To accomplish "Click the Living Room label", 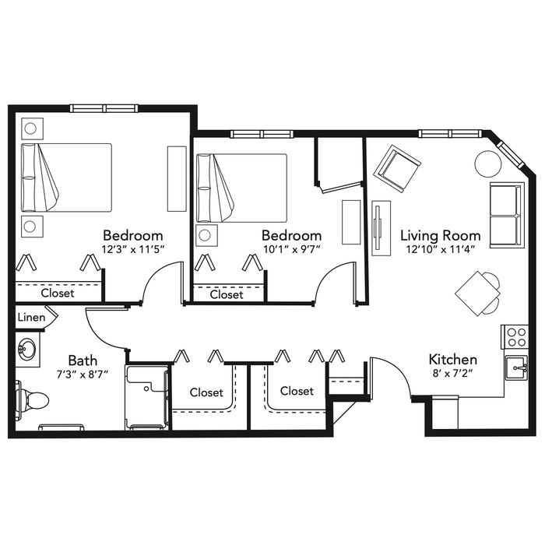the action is coord(441,236).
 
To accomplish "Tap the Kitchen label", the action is coord(452,360).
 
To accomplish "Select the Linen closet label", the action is coord(31,318).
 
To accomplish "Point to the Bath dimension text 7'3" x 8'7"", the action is coord(83,374).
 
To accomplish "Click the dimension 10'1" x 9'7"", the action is coord(291,249).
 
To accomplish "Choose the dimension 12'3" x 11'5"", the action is coord(133,249).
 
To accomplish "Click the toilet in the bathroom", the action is coord(32,400).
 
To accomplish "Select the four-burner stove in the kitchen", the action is coord(515,337).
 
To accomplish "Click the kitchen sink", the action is coord(516,367).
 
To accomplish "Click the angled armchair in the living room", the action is coord(397,168).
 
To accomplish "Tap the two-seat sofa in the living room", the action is coord(507,215).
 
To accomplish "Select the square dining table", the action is coord(477,294).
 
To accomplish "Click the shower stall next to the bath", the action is coord(147,397).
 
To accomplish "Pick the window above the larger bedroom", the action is coord(104,108).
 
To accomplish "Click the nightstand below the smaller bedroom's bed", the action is coord(206,235).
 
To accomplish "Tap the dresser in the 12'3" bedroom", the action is coord(177,178).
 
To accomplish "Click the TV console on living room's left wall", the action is coord(381,228).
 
